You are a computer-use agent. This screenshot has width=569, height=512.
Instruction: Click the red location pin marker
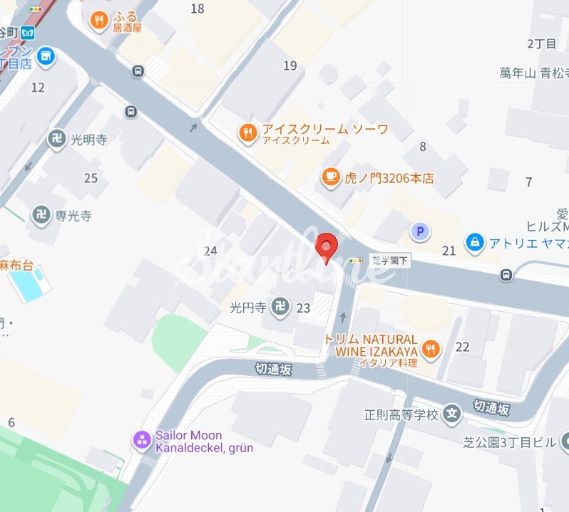click(327, 247)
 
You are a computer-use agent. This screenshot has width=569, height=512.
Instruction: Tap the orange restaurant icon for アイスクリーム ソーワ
click(247, 133)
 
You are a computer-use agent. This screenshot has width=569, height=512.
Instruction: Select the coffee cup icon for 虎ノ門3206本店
click(330, 177)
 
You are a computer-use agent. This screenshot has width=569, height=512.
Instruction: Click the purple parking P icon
click(420, 231)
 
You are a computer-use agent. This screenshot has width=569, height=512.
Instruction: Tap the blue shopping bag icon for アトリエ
click(473, 243)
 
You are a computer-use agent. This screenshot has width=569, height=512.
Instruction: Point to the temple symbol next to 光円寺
click(282, 308)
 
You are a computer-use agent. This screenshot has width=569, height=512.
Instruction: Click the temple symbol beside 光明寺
click(56, 140)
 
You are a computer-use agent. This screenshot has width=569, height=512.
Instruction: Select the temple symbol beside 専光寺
click(41, 214)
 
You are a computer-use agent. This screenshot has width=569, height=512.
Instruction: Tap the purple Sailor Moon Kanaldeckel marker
click(143, 440)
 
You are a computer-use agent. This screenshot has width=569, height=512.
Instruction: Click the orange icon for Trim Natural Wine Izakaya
click(431, 348)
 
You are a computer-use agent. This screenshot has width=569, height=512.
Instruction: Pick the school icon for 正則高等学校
click(451, 414)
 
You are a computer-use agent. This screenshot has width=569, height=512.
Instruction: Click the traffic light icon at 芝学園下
click(354, 261)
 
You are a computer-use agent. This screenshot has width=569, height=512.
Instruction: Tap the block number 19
click(289, 66)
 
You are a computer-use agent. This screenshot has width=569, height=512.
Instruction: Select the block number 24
click(210, 251)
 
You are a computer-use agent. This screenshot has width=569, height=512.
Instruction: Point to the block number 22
click(463, 347)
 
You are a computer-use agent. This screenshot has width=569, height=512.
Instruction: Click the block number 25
click(91, 178)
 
